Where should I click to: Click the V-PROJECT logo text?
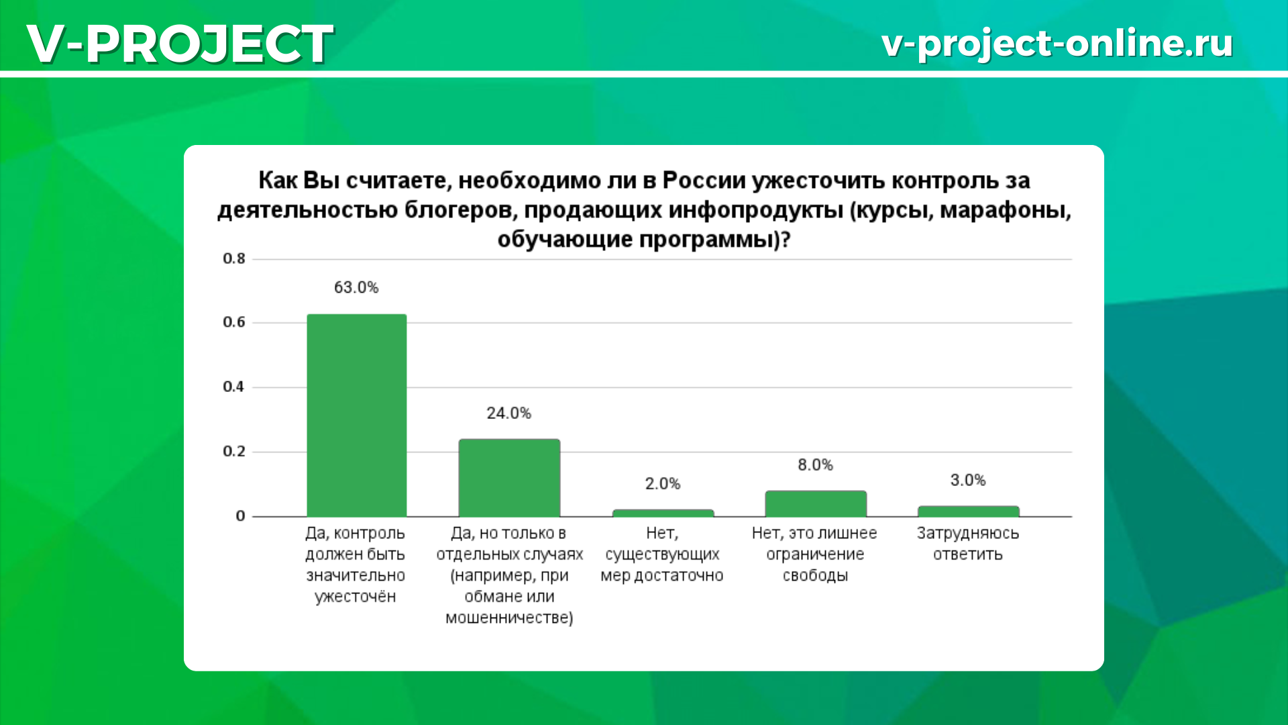180,43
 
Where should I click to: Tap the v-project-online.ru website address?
1057,43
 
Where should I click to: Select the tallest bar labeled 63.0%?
357,415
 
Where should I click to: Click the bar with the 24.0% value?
509,477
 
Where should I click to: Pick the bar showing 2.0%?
663,513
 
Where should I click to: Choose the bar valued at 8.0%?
816,503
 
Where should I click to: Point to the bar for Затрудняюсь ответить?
969,511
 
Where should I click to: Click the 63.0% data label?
356,287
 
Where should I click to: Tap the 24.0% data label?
509,413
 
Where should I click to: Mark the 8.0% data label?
816,465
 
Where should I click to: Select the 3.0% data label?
968,480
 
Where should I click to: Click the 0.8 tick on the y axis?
234,258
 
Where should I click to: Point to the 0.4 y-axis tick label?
234,387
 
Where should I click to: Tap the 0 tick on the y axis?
240,516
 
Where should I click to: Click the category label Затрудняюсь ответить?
968,543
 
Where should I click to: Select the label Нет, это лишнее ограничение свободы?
815,554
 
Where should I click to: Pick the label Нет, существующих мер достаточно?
662,554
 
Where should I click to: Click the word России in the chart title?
704,181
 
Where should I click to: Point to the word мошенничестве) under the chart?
509,618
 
